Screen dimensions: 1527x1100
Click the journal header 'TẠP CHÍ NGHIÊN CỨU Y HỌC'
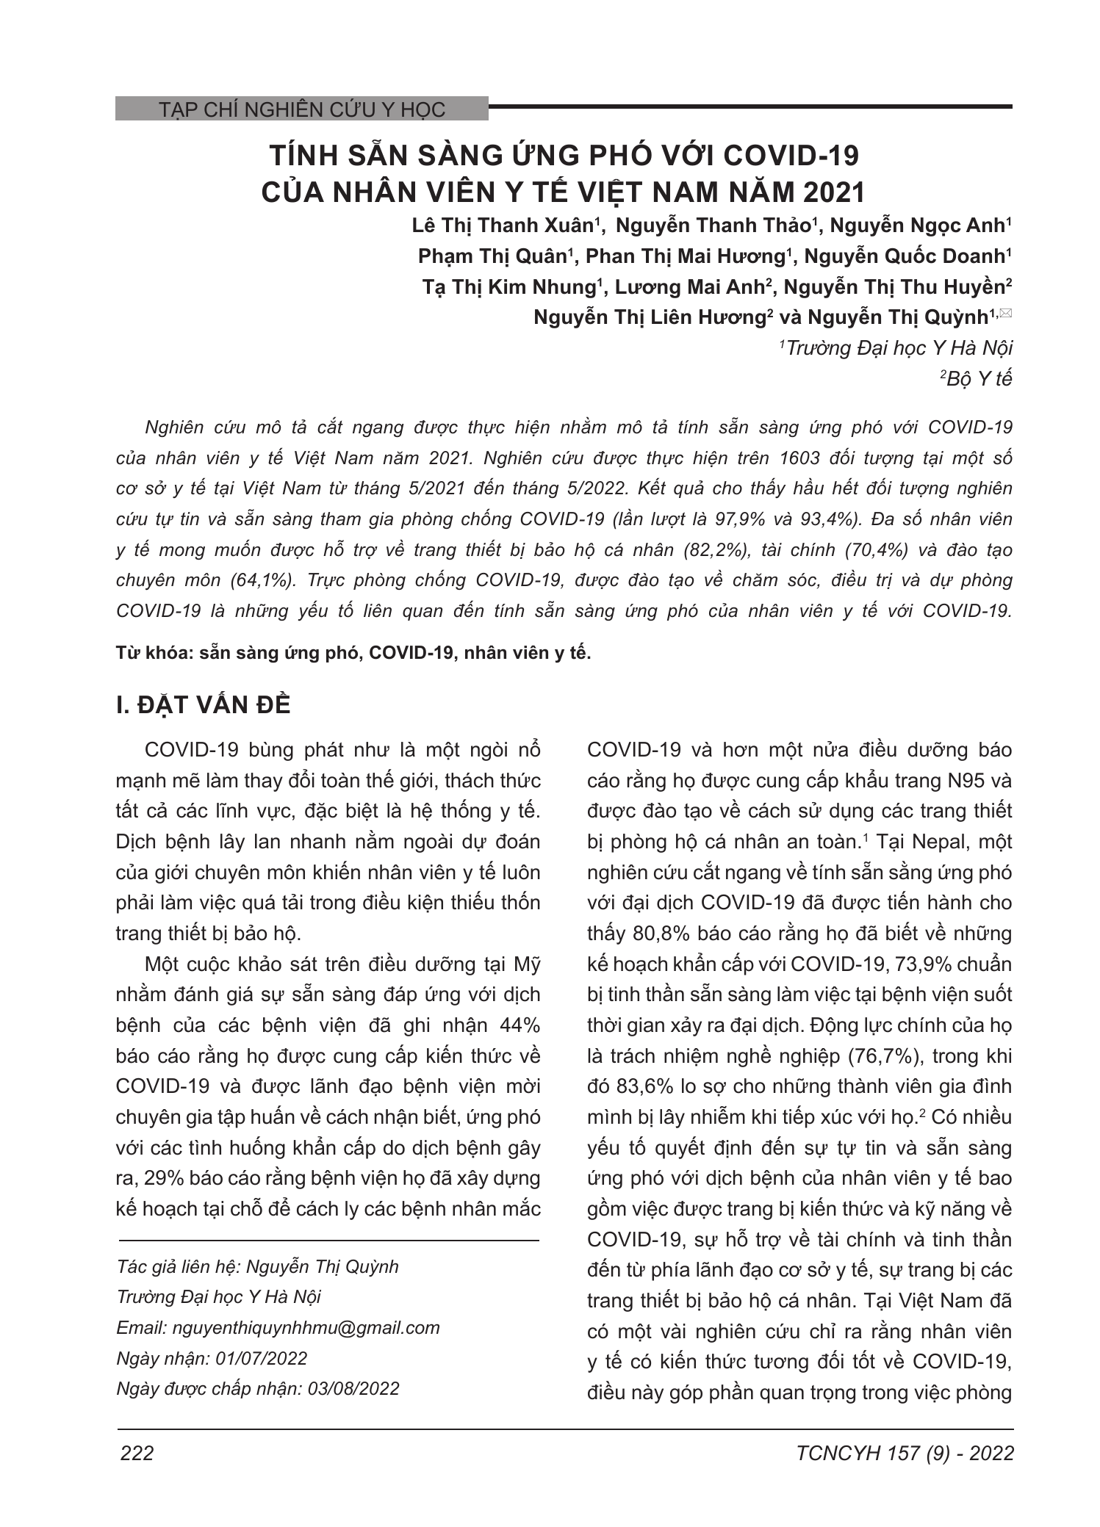302,109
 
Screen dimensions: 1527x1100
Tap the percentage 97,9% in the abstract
740,519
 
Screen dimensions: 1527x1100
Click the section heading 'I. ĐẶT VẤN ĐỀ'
204,704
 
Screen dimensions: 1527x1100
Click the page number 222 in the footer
137,1453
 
